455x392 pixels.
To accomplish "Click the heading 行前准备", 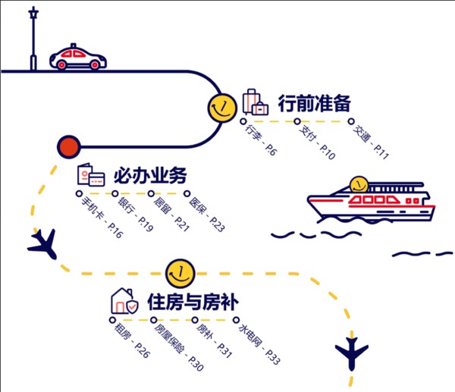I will [x=315, y=104].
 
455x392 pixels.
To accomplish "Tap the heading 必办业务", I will [x=149, y=176].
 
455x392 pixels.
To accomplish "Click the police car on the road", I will [x=77, y=58].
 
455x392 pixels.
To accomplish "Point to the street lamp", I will [x=33, y=38].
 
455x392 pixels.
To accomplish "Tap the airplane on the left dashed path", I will [x=42, y=243].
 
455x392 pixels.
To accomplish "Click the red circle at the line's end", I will [x=68, y=146].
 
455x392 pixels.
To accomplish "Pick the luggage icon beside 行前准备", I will [x=256, y=102].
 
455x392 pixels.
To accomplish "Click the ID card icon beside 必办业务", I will [x=90, y=176].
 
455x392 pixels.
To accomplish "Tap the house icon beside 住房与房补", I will [x=125, y=301].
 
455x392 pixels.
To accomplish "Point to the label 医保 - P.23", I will [x=206, y=212].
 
